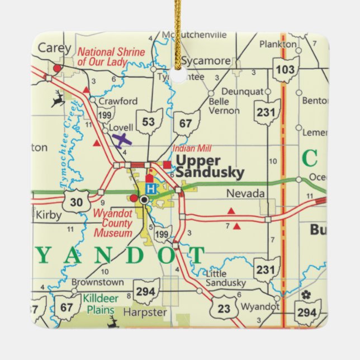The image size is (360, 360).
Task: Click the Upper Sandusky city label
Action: click(x=210, y=167)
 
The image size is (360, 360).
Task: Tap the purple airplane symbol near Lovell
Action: click(x=121, y=139)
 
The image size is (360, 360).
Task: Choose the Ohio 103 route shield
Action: click(x=286, y=69)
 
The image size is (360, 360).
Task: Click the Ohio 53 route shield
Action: click(x=149, y=122)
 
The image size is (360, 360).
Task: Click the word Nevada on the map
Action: click(x=245, y=193)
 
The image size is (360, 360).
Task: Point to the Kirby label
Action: click(x=48, y=214)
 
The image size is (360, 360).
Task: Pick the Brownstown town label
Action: click(x=89, y=282)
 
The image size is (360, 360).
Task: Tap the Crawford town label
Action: click(x=117, y=101)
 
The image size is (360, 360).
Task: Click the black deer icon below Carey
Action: click(x=58, y=100)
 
